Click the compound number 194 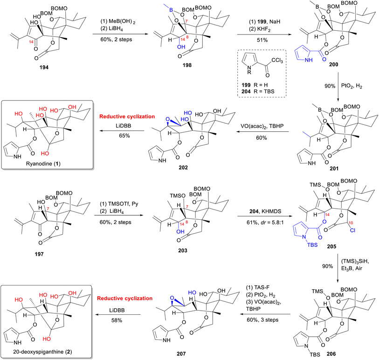coord(44,68)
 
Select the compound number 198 coord(187,65)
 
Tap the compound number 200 coord(334,64)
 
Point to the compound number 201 coord(334,169)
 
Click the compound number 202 coord(183,167)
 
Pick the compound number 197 coord(39,254)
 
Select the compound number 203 coord(183,251)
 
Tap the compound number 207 coord(181,354)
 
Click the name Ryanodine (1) coord(43,164)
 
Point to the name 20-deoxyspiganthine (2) coord(42,352)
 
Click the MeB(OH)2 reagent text coord(118,22)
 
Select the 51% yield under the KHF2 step coord(262,40)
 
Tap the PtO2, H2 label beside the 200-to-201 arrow coord(351,86)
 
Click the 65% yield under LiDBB coord(124,136)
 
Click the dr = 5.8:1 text coord(272,222)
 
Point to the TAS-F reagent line coord(257,287)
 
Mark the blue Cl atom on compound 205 coord(352,231)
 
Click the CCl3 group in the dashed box coord(277,61)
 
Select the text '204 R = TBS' coord(258,91)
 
